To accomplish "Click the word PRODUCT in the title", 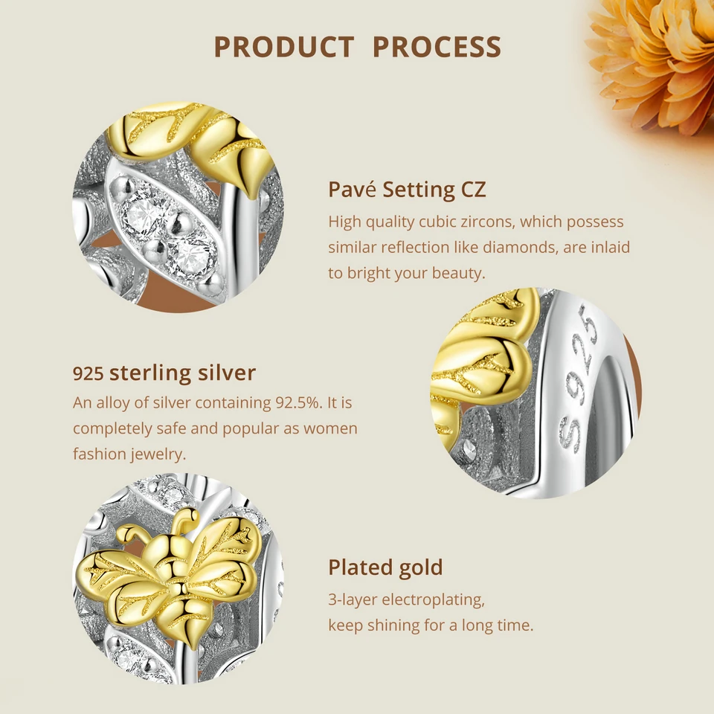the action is [x=283, y=48].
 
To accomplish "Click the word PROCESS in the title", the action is [x=437, y=48].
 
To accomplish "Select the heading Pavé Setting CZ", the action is [x=407, y=190].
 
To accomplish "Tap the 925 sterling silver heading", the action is [x=164, y=373].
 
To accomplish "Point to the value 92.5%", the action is [x=300, y=403].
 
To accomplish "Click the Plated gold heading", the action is [x=385, y=567].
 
